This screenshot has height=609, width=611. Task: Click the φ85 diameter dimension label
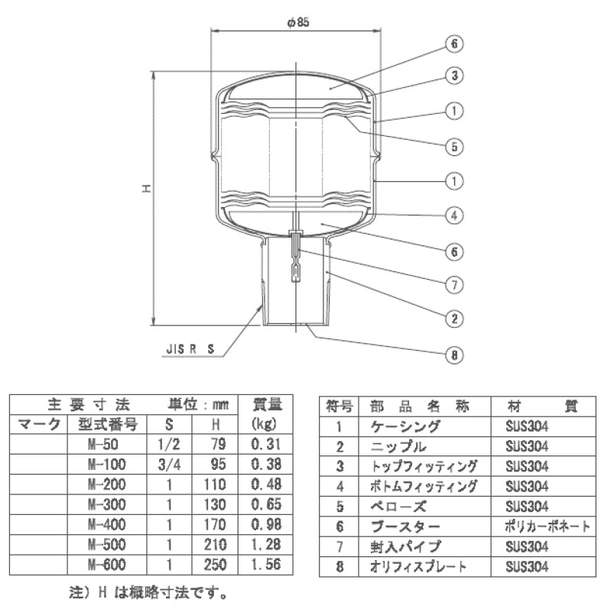[x=297, y=22]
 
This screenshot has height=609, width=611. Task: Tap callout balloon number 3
[x=454, y=76]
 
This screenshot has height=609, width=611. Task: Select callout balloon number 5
[x=454, y=147]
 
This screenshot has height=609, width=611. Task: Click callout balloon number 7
[x=454, y=285]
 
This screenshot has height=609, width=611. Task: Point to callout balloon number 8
[x=454, y=355]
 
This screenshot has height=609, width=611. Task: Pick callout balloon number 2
[x=454, y=319]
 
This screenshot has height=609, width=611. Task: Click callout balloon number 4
[x=454, y=215]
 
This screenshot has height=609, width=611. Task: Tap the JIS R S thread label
[x=190, y=349]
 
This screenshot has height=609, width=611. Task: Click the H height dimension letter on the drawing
[x=147, y=189]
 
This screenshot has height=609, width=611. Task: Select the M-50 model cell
[x=103, y=444]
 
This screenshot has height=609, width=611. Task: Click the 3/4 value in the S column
[x=169, y=465]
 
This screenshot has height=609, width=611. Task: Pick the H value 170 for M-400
[x=215, y=524]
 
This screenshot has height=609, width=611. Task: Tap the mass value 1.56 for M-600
[x=266, y=565]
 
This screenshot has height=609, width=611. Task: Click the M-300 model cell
[x=107, y=504]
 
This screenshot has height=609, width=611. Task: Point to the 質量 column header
[x=266, y=404]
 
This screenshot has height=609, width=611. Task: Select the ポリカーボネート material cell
[x=547, y=526]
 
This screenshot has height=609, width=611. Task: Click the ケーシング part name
[x=405, y=427]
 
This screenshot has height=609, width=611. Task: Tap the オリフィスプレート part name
[x=418, y=566]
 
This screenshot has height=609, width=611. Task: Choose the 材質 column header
[x=543, y=407]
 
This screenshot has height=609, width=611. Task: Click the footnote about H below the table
[x=148, y=594]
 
